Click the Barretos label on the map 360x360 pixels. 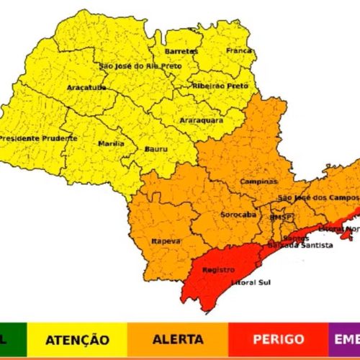point(181,52)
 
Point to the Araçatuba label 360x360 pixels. point(87,87)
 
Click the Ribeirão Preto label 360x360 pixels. point(220,85)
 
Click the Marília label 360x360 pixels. point(111,143)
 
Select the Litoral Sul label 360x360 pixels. point(249,283)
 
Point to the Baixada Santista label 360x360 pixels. point(300,246)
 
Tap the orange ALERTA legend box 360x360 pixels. point(178,339)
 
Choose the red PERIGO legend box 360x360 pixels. point(279,339)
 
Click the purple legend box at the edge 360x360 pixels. point(345,339)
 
